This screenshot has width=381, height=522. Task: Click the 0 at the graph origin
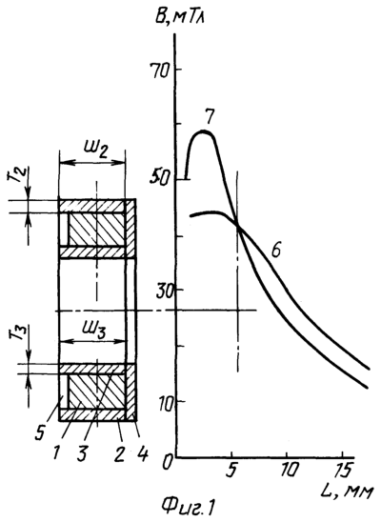click(x=168, y=463)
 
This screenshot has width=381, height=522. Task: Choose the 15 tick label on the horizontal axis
click(x=344, y=471)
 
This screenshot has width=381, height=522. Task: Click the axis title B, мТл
click(x=180, y=16)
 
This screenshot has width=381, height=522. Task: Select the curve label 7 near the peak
click(x=210, y=116)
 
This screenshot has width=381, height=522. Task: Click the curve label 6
click(x=276, y=250)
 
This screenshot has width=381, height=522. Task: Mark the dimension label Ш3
click(x=94, y=331)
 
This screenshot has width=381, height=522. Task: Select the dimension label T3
click(x=15, y=332)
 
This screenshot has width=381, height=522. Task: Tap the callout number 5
click(x=40, y=432)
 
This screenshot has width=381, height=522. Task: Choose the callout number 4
click(x=142, y=454)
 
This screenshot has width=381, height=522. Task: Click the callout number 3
click(x=82, y=454)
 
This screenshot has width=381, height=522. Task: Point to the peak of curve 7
click(x=204, y=131)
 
